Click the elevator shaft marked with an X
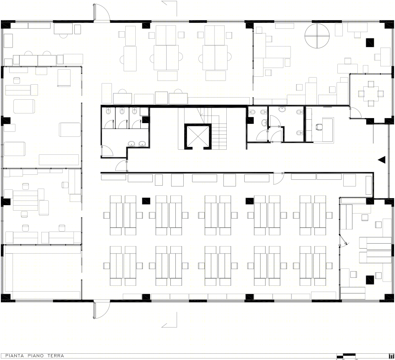coord(196,136)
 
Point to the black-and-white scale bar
coord(346,356)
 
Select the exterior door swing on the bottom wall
coord(101,310)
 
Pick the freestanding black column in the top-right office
coord(370,43)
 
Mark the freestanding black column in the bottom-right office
coord(370,279)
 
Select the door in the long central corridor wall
coord(278,178)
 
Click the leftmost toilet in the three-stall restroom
coord(109,111)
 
